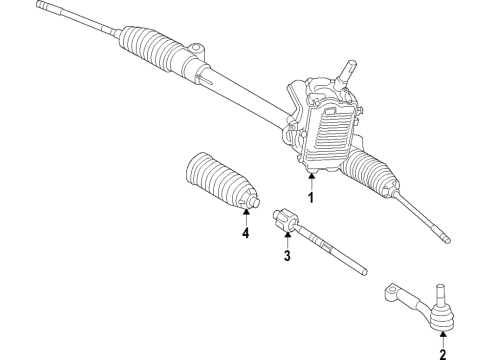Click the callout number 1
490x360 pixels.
(x=311, y=197)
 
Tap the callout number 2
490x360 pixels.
(x=441, y=351)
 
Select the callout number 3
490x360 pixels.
(x=286, y=256)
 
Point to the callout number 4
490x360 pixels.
(x=244, y=234)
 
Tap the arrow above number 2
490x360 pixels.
(x=441, y=334)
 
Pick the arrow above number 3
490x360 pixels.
(x=286, y=240)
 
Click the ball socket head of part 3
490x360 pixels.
(x=284, y=217)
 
